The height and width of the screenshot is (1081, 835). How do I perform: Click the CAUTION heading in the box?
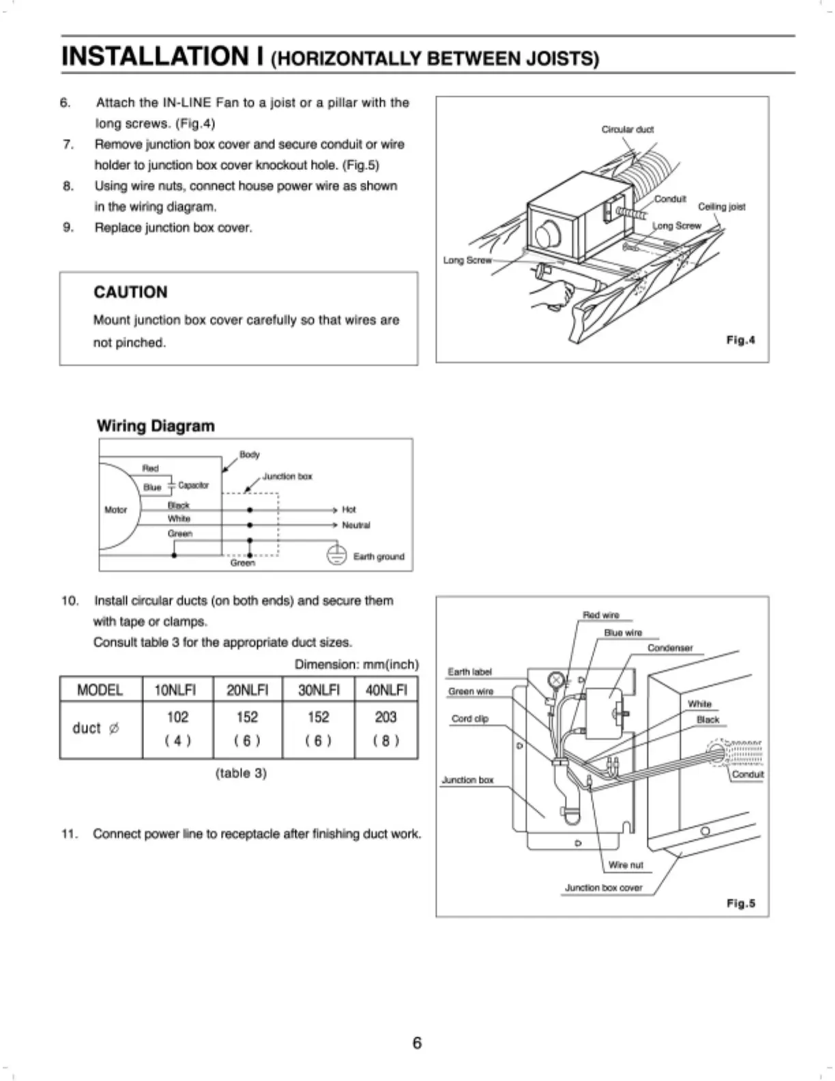click(x=130, y=292)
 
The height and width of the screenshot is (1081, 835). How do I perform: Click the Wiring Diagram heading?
click(x=156, y=426)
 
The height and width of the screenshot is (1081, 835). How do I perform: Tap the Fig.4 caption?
click(x=740, y=340)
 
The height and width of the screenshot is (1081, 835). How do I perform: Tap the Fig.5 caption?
click(x=740, y=903)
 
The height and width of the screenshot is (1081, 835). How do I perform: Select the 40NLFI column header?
click(x=386, y=689)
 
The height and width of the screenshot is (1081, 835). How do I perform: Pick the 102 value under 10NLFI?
click(x=177, y=717)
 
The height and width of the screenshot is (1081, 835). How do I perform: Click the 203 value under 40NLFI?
click(x=385, y=717)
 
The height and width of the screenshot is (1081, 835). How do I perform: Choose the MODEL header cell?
click(x=100, y=689)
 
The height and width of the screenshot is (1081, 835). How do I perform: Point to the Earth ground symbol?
click(x=336, y=556)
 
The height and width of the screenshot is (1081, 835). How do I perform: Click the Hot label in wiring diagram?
click(x=349, y=509)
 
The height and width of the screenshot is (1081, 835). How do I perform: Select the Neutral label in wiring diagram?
click(x=355, y=525)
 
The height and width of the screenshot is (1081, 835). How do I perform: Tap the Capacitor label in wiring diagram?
click(x=193, y=485)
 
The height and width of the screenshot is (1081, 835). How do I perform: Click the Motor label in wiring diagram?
click(x=115, y=509)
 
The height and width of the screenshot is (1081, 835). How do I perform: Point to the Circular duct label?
click(x=627, y=129)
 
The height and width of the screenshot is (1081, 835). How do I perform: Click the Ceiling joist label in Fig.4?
click(x=721, y=206)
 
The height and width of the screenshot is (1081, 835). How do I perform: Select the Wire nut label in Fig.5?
click(x=626, y=865)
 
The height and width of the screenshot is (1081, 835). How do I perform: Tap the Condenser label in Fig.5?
click(x=669, y=648)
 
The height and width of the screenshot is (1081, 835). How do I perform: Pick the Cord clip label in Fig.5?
click(x=469, y=718)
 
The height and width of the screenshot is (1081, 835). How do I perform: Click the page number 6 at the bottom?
click(x=417, y=1042)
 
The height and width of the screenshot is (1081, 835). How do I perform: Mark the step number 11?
click(x=68, y=833)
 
